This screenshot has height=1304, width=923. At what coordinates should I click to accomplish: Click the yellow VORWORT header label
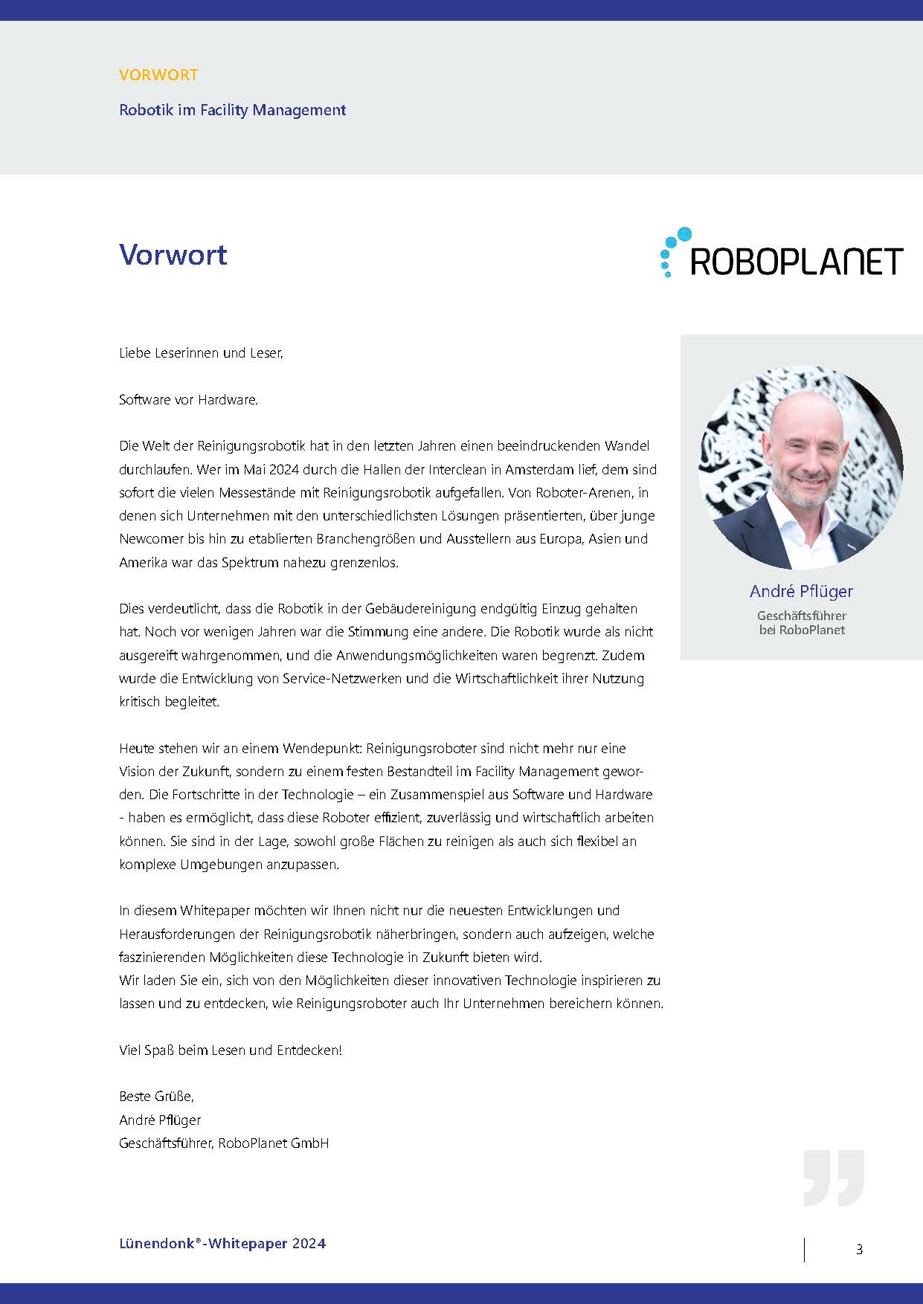[x=158, y=75]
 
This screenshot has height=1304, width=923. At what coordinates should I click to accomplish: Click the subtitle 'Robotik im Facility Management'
[x=232, y=110]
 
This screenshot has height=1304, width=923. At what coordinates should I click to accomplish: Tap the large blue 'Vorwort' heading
[x=173, y=254]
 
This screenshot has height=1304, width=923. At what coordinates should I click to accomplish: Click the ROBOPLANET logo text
[x=797, y=262]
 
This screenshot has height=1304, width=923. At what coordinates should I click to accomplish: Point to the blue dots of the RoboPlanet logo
[x=672, y=250]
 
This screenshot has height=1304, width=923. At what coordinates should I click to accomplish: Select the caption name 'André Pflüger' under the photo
[x=801, y=591]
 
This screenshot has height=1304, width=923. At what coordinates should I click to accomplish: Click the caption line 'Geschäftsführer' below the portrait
[x=801, y=616]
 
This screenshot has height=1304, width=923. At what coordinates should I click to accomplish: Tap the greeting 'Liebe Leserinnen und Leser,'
[x=201, y=353]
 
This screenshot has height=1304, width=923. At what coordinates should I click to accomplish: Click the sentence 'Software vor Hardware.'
[x=189, y=400]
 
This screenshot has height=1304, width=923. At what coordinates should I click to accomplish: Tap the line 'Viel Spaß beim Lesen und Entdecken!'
[x=231, y=1050]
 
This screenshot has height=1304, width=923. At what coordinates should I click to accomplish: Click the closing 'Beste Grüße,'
[x=156, y=1097]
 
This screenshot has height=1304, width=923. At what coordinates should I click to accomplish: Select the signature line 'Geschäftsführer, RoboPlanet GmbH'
[x=224, y=1143]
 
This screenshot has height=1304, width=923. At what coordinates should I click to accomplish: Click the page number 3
[x=859, y=1250]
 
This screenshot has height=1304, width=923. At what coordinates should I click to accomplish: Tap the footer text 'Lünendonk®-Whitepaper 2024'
[x=222, y=1243]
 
